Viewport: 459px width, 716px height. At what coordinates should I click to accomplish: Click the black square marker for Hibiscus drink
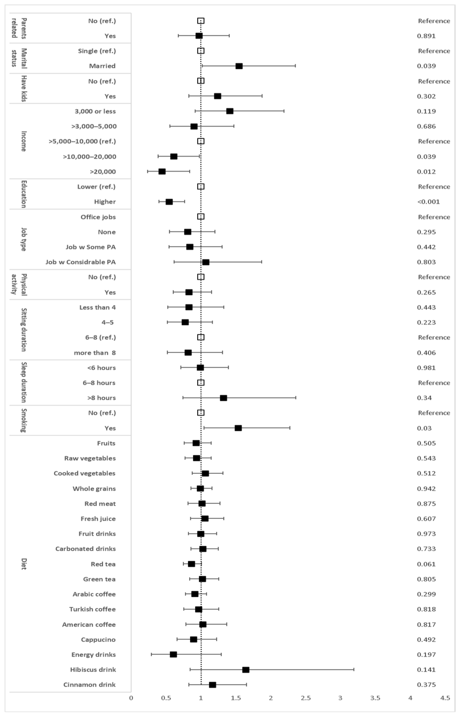[246, 670]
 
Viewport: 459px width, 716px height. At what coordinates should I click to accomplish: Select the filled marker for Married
[239, 66]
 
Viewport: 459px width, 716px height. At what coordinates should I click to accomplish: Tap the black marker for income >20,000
[162, 171]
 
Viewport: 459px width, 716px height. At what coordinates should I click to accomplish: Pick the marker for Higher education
[169, 202]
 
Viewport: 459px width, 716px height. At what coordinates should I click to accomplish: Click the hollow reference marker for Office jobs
[201, 217]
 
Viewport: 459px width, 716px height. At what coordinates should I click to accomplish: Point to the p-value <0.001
[428, 202]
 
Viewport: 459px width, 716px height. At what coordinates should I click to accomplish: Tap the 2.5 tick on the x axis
[306, 698]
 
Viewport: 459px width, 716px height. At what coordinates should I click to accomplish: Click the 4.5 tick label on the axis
[445, 698]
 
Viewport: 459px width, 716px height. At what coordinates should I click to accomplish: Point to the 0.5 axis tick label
[166, 698]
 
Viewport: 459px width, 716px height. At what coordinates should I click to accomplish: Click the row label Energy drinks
[93, 655]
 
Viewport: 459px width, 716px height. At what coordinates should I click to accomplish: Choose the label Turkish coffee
[92, 609]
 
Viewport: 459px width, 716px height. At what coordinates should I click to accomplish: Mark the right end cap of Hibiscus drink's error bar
[354, 670]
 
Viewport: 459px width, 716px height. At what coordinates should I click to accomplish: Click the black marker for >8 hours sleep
[223, 398]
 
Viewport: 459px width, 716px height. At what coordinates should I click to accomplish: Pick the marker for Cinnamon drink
[212, 685]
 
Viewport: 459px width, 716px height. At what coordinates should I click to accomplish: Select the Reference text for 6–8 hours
[434, 382]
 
